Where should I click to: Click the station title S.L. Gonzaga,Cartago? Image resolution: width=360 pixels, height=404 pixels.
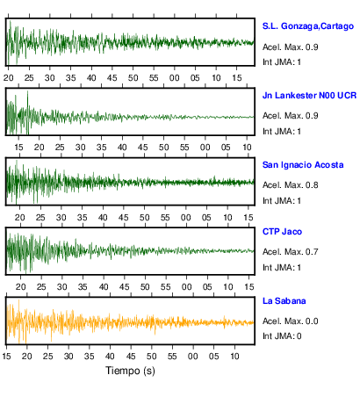coord(308,26)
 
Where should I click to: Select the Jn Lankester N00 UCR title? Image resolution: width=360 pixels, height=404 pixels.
coord(309,96)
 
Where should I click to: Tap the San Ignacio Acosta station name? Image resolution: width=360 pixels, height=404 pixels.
coord(303,165)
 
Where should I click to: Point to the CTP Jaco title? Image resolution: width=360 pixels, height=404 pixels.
coord(282,232)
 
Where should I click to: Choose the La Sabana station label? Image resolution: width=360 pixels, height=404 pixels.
coord(284,301)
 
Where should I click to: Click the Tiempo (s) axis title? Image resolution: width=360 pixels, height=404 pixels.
coord(130,371)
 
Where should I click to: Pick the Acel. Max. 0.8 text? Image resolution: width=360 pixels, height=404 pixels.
coord(291,185)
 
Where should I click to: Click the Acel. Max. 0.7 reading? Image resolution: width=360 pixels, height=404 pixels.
coord(291,252)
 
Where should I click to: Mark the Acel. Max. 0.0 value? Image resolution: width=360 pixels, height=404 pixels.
coord(291,321)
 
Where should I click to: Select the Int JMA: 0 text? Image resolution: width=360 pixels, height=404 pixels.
coord(282,336)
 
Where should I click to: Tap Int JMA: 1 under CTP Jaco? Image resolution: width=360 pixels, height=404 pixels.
coord(282,268)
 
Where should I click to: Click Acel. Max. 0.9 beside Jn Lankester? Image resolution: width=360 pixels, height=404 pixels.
coord(291,116)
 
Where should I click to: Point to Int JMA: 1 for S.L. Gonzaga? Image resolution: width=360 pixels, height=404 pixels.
coord(282,62)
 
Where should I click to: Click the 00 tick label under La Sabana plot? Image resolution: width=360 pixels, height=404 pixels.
coord(193,357)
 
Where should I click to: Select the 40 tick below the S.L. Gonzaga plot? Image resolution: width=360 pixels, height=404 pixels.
coord(91,78)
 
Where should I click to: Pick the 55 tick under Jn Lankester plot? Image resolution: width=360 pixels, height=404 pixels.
coord(184,148)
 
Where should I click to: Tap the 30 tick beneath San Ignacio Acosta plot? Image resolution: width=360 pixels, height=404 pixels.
coord(61,218)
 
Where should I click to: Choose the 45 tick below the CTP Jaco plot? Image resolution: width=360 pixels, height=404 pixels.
coord(124,287)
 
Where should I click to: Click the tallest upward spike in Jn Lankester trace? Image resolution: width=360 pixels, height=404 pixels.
coord(28,91)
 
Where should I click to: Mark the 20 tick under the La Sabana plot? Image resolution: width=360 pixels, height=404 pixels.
coord(27,357)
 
